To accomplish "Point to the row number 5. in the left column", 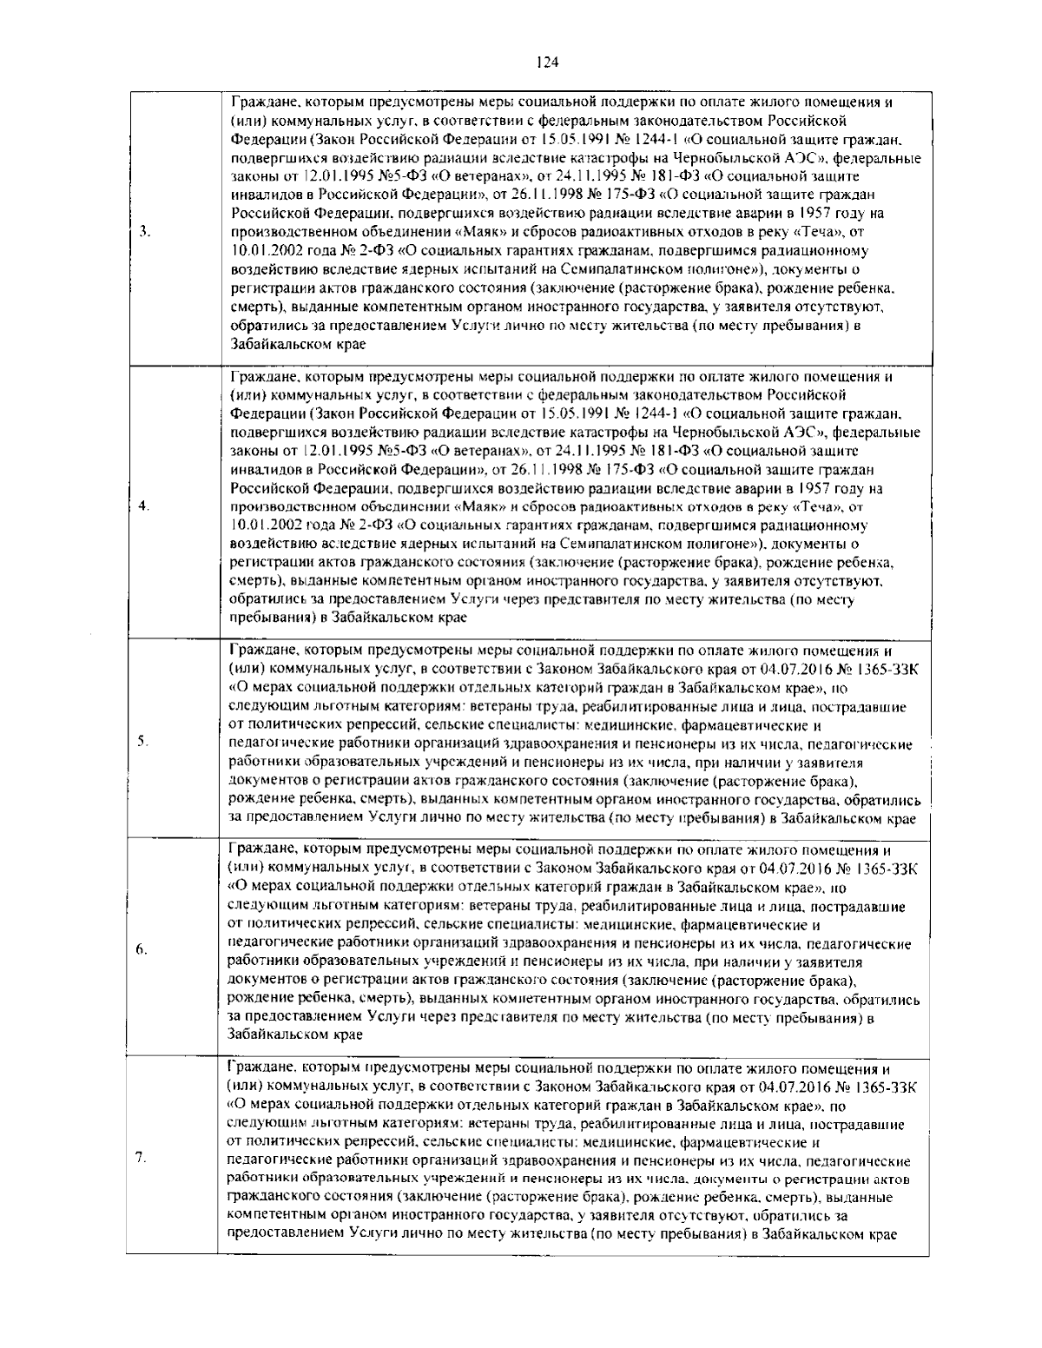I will (x=143, y=740).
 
